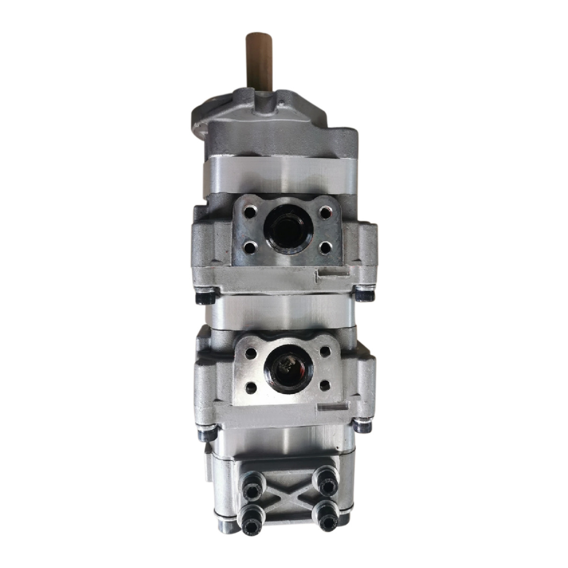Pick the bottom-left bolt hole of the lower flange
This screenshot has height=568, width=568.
[x=252, y=388]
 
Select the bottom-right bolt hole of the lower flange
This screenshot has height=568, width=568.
[x=325, y=387]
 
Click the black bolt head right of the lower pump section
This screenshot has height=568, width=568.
[x=363, y=426]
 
